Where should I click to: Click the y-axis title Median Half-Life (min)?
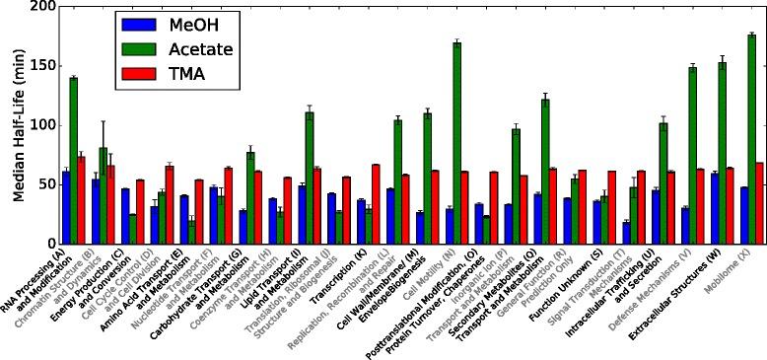17,124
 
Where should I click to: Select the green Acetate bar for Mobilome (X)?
751,139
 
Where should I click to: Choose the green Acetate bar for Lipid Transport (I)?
310,178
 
